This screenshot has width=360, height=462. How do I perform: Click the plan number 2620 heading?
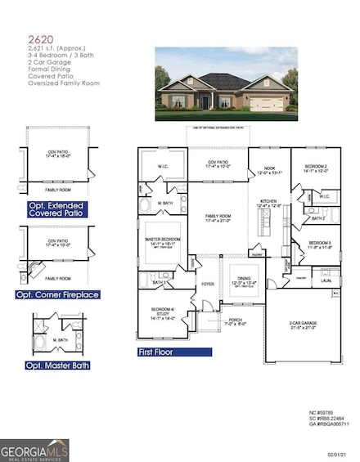(36, 38)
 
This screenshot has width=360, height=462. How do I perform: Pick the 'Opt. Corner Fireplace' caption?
(56, 294)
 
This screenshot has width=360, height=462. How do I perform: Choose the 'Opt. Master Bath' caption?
(57, 365)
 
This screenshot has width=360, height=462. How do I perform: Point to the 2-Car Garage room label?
(299, 325)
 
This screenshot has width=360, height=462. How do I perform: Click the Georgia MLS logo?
(34, 450)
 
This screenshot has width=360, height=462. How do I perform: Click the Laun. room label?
(326, 279)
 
